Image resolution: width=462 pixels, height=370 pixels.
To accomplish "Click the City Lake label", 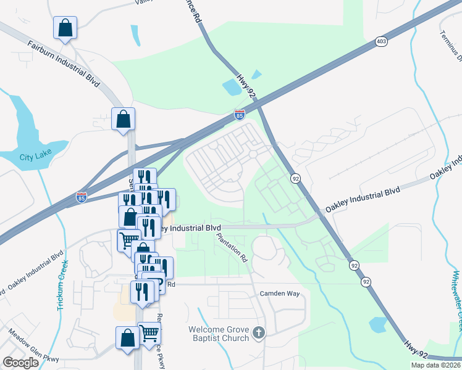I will point(35,157).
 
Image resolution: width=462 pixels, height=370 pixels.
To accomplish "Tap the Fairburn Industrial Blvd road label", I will point(64,64).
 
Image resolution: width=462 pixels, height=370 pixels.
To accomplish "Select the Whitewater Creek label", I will point(456,294).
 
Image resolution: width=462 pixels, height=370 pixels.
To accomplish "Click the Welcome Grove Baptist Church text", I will point(219,333).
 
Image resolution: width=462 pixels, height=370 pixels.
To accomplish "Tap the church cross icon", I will point(259,334).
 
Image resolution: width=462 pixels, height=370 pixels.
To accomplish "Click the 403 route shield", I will point(381,42).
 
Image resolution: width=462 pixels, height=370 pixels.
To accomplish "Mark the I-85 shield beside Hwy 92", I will point(240,115).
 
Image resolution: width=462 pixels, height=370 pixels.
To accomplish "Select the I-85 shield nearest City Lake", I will point(82,197).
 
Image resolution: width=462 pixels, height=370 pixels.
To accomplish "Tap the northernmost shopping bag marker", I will point(65,28).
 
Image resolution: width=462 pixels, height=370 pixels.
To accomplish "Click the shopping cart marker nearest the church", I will point(149,333).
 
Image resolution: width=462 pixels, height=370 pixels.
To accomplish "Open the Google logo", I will point(20,362).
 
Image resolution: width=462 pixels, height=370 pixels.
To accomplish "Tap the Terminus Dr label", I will point(451,47).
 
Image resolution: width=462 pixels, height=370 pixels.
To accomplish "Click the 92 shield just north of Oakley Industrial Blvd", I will point(296,178).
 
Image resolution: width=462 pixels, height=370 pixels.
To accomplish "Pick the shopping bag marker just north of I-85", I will point(123,119).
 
